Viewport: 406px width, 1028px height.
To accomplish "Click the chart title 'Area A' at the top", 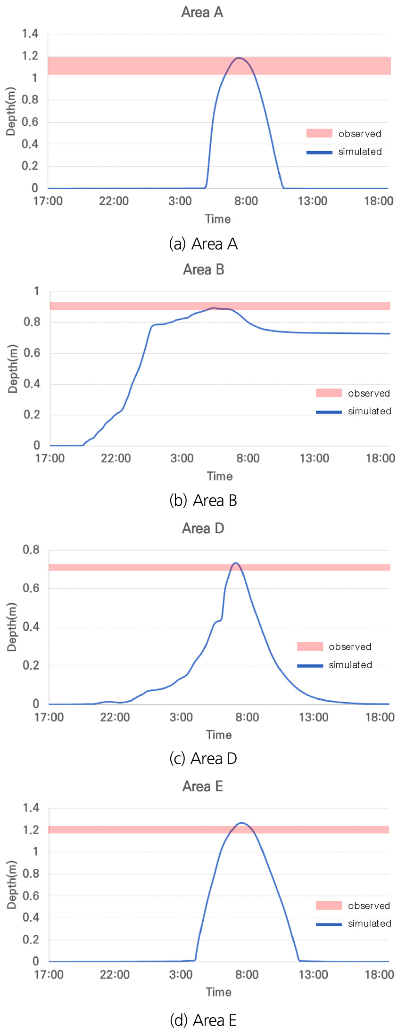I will point(202,12).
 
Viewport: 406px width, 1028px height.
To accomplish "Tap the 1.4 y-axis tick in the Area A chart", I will point(30,34).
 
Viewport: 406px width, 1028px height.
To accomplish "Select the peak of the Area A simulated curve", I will point(239,58).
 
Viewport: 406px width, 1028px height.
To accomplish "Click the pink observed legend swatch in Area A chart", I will point(319,133).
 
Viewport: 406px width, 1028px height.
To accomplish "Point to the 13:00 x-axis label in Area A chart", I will point(312,201).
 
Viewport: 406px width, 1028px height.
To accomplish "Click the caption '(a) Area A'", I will point(203,244).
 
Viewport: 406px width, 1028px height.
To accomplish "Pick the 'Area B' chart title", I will point(203,270).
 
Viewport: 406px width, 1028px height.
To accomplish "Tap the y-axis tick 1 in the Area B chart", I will point(36,291).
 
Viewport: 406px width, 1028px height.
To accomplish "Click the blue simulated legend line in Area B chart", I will point(329,412).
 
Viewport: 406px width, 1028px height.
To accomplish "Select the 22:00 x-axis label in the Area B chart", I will point(116,458).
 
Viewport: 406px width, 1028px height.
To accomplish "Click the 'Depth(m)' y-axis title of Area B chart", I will point(13,369).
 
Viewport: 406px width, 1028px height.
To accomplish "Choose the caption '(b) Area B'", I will point(203,501).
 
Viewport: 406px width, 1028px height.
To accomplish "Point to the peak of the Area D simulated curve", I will point(235,563).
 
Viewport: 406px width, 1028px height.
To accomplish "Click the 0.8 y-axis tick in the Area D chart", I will point(31,550).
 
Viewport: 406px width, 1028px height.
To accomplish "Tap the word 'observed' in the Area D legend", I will point(350,647).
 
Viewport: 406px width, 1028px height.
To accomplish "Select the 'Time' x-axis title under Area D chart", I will point(219,735).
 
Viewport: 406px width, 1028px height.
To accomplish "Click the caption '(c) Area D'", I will point(203,759).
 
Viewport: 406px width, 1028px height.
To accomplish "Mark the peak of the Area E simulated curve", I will point(242,823).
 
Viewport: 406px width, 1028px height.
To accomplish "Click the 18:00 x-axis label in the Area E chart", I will point(379,974).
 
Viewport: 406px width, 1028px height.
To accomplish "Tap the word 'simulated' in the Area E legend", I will point(369,923).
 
